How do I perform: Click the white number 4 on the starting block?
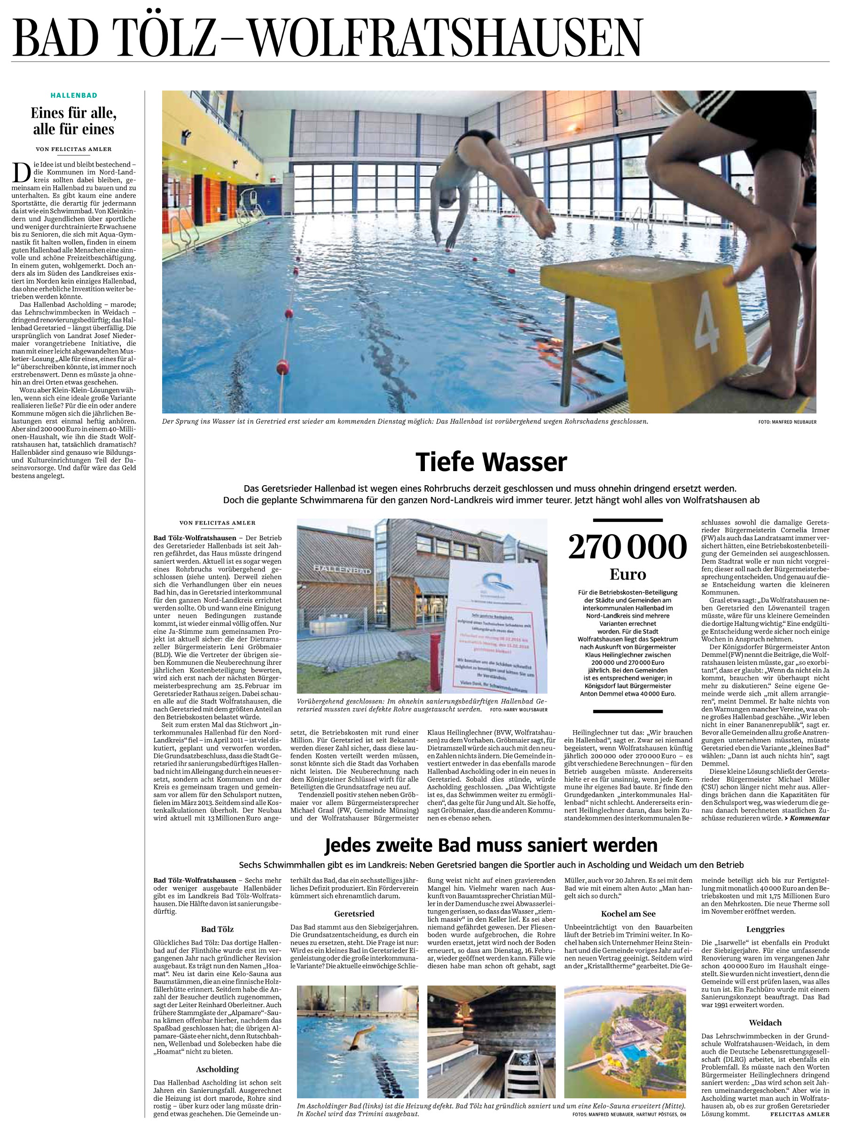pos(707,328)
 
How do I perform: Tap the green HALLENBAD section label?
pos(74,95)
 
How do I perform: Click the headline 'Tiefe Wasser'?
pos(491,462)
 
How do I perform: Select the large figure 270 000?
pos(627,547)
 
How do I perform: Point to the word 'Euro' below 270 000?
pos(628,574)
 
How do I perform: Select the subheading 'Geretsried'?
pos(354,914)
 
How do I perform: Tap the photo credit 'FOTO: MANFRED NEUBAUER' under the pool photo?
pos(787,422)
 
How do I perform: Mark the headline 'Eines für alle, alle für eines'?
pos(74,121)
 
